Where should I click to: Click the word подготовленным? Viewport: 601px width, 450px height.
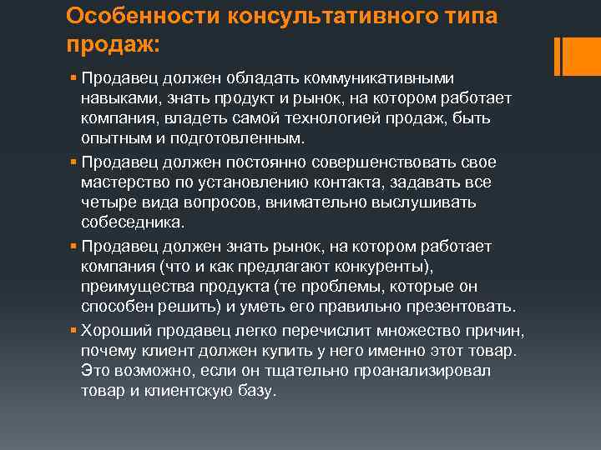pyautogui.click(x=238, y=137)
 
